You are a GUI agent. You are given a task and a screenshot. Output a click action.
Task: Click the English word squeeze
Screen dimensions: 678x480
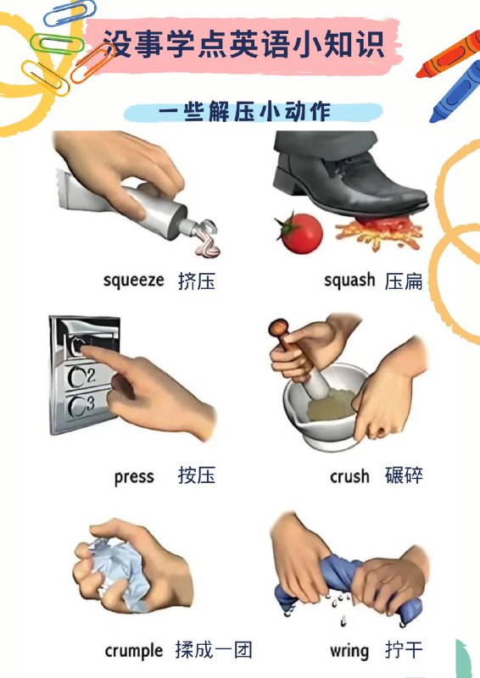point(133,280)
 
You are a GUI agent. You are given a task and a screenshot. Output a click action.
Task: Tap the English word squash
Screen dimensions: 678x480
point(349,280)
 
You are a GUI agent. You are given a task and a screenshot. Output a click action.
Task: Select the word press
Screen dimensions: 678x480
point(134,476)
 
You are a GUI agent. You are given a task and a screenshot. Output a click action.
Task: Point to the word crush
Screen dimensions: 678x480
point(349,476)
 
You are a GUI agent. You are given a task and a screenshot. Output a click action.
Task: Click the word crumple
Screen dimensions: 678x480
point(133,651)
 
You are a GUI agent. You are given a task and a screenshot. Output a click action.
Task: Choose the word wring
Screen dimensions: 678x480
point(349,651)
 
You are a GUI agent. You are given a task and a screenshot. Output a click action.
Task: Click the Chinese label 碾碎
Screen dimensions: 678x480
point(404,476)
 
